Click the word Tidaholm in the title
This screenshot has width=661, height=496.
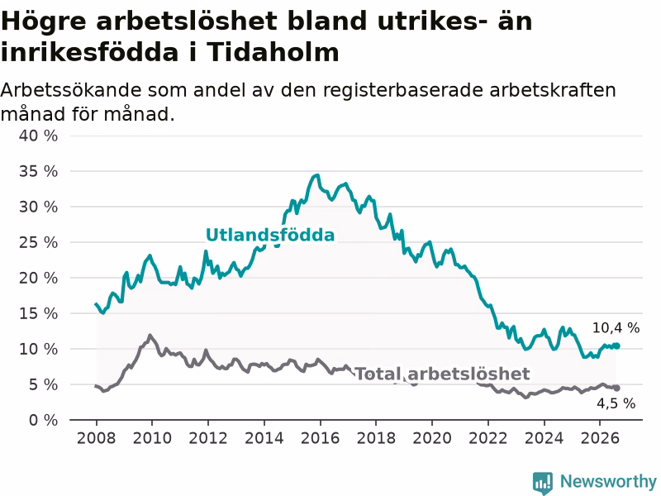click(x=273, y=53)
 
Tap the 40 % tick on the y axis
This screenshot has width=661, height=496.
click(x=38, y=136)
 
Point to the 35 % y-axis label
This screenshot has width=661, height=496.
click(x=38, y=171)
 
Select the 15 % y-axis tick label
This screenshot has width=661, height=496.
click(x=38, y=313)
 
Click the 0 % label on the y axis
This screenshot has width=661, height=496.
click(x=44, y=420)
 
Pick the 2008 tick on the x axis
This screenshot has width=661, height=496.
click(x=96, y=438)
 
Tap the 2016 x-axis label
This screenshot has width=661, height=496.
click(x=320, y=438)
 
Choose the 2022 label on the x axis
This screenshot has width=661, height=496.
click(x=487, y=438)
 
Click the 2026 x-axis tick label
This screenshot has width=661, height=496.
click(x=600, y=438)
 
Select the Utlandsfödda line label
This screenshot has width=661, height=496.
click(x=270, y=235)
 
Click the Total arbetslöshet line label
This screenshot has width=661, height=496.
click(x=442, y=374)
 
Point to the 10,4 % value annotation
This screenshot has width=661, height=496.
click(x=616, y=327)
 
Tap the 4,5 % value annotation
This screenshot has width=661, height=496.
click(x=616, y=403)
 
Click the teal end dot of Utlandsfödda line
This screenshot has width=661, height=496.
click(x=616, y=346)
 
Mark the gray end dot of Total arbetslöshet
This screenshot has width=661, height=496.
click(x=616, y=388)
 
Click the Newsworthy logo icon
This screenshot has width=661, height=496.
click(x=543, y=483)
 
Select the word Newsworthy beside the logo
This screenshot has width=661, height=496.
click(x=608, y=481)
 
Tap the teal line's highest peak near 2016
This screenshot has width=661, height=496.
click(x=317, y=175)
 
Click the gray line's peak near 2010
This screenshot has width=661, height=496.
click(x=150, y=336)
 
